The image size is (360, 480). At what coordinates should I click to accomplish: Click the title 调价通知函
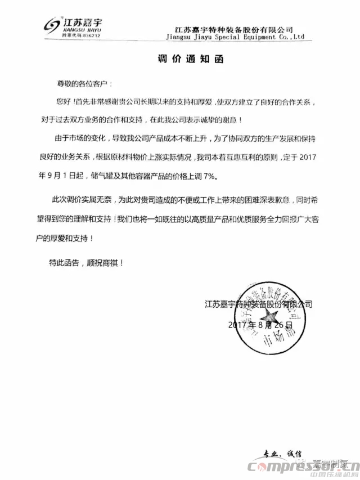click(x=179, y=58)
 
